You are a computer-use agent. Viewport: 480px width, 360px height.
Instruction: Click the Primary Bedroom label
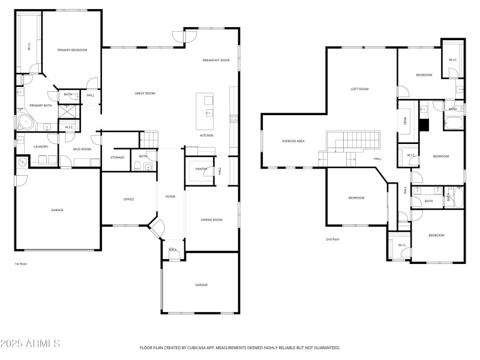(x=72, y=50)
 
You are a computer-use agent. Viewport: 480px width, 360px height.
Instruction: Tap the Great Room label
(x=145, y=93)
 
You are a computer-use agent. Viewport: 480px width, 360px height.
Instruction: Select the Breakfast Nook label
(x=216, y=60)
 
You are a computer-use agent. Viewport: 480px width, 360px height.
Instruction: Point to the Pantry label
(x=200, y=169)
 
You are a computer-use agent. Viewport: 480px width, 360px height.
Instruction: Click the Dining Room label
(x=211, y=220)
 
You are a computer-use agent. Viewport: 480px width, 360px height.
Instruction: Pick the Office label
(x=128, y=199)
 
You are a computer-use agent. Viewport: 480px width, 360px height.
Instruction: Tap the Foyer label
(x=170, y=196)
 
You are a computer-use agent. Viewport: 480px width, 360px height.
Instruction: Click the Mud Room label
(x=82, y=149)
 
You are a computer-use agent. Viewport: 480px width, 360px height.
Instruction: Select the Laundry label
(x=41, y=146)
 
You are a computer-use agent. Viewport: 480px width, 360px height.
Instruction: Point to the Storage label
(x=117, y=157)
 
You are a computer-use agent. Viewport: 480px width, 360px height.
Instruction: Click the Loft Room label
(x=359, y=89)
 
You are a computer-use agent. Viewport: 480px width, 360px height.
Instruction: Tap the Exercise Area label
(x=293, y=141)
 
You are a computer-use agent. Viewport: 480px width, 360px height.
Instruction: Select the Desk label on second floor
(x=404, y=120)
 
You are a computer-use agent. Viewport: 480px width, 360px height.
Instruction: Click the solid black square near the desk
(x=424, y=125)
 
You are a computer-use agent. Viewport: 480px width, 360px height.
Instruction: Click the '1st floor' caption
(x=21, y=263)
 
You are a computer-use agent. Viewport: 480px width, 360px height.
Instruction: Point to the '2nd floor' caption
(x=332, y=239)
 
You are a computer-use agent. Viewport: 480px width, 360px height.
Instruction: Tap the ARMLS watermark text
(x=30, y=344)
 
